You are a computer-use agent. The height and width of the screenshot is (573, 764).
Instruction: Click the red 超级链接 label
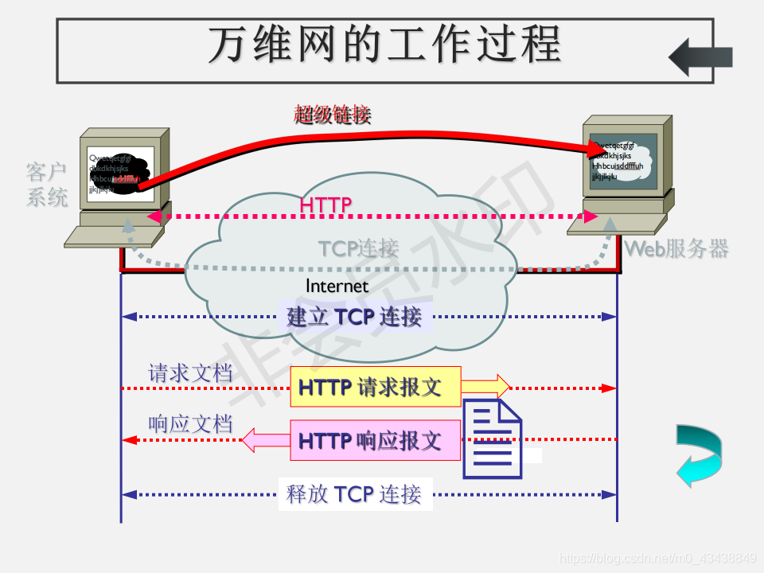pyautogui.click(x=332, y=115)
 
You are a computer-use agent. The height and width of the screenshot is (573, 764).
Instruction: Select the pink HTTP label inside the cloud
pyautogui.click(x=325, y=205)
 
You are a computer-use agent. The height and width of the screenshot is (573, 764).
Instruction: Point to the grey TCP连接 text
pyautogui.click(x=358, y=248)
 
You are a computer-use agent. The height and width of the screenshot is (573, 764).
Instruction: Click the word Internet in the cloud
pyautogui.click(x=337, y=286)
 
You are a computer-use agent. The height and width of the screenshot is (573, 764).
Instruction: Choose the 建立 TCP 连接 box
pyautogui.click(x=354, y=317)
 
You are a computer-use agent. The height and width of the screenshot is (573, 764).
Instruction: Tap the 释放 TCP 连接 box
pyautogui.click(x=354, y=494)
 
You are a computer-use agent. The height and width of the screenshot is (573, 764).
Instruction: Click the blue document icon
pyautogui.click(x=493, y=439)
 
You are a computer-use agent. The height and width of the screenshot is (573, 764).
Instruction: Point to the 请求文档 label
pyautogui.click(x=190, y=372)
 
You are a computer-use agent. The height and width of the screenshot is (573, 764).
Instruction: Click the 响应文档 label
pyautogui.click(x=190, y=424)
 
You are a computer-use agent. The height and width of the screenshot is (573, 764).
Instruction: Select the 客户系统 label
pyautogui.click(x=47, y=184)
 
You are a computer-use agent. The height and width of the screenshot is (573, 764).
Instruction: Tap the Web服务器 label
pyautogui.click(x=676, y=248)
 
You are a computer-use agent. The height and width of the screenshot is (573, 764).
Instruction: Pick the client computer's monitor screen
pyautogui.click(x=120, y=173)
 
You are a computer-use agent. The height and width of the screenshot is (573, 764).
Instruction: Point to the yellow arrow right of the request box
pyautogui.click(x=485, y=387)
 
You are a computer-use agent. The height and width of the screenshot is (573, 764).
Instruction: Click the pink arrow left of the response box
pyautogui.click(x=265, y=439)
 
